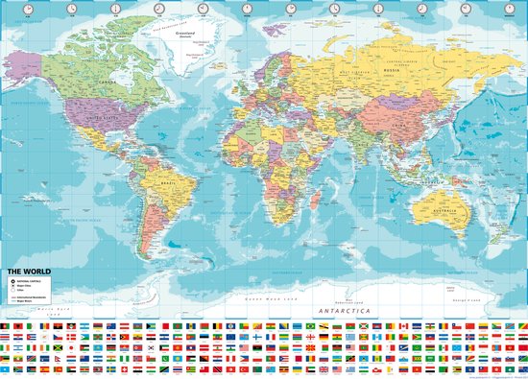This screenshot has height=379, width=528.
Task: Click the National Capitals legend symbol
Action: pyautogui.click(x=13, y=280)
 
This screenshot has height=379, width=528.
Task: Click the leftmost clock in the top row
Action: pyautogui.click(x=28, y=8)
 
